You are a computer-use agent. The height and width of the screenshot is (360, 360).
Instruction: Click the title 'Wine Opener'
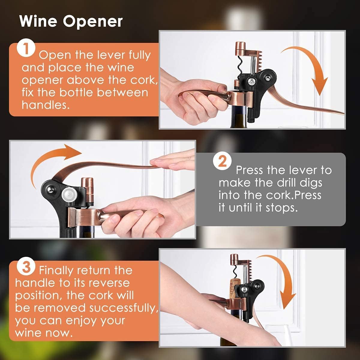[71, 22]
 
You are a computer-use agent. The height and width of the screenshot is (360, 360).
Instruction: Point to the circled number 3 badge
[26, 267]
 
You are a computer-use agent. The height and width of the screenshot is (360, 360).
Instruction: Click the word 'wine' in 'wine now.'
[28, 333]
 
